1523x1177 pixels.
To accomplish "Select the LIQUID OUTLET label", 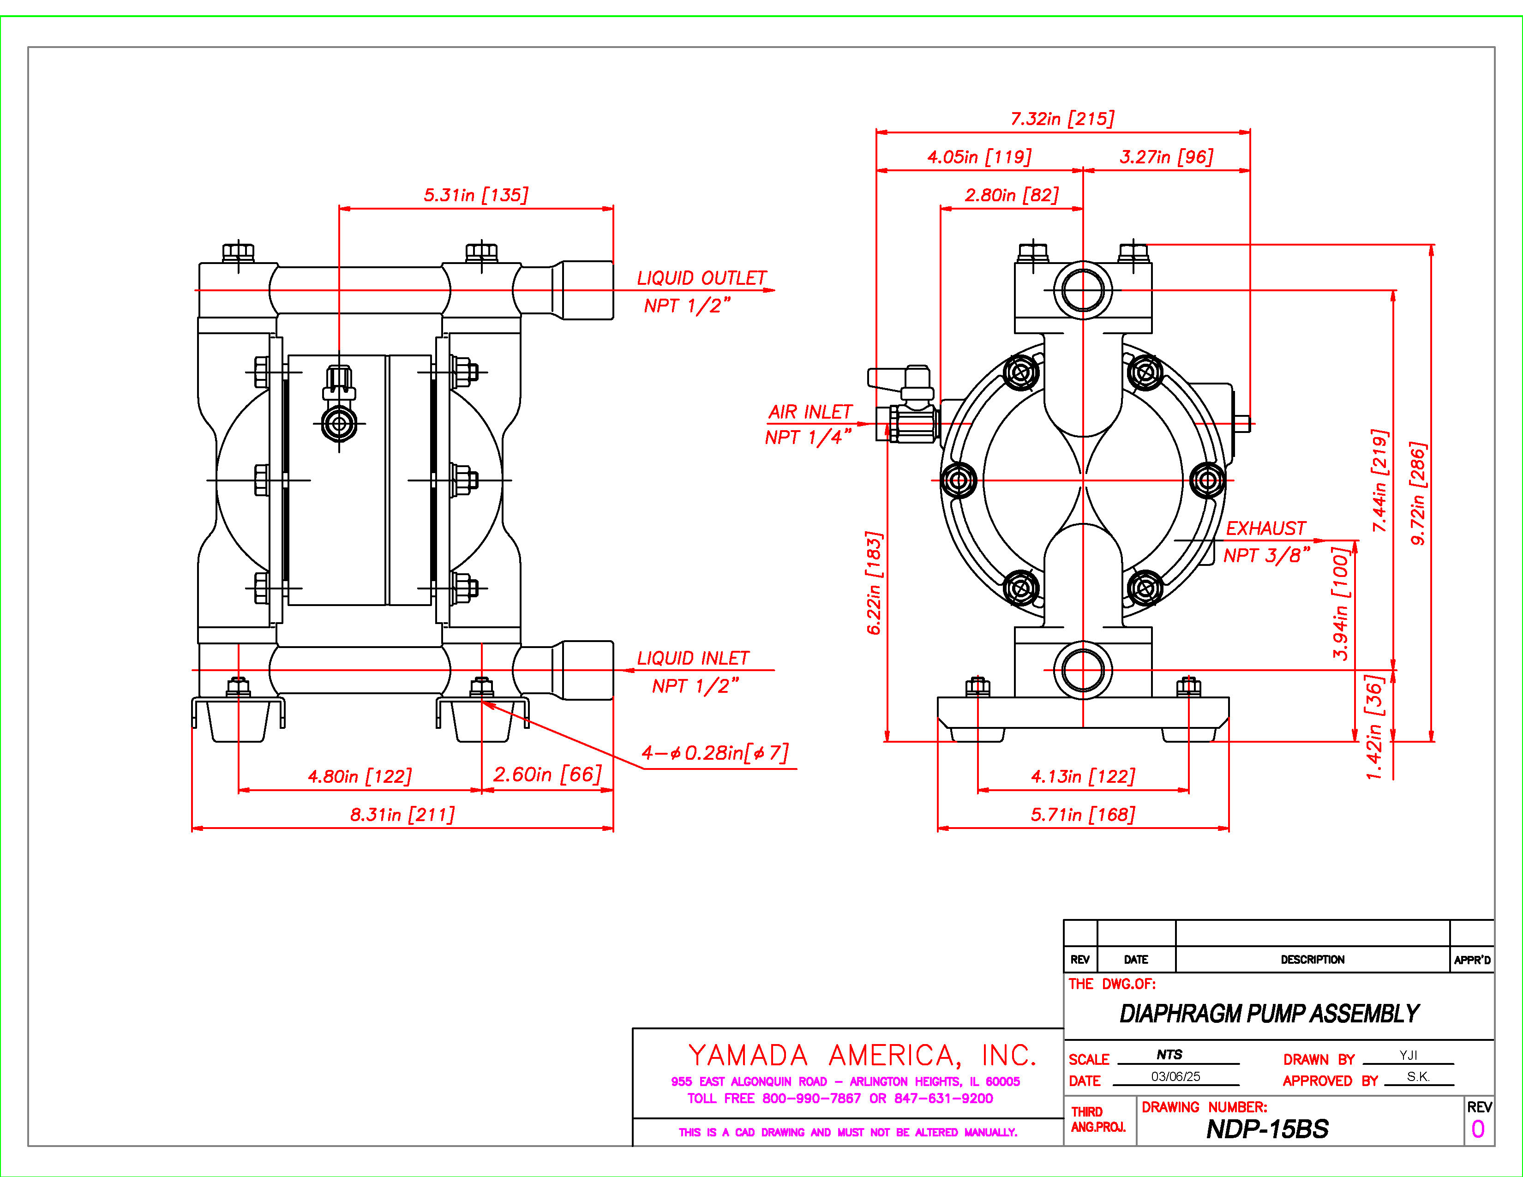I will [702, 278].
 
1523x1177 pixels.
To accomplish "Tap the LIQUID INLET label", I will [693, 658].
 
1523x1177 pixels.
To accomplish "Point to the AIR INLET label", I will [810, 412].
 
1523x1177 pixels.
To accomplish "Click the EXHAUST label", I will [1265, 528].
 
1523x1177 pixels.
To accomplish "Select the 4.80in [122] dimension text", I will [360, 776].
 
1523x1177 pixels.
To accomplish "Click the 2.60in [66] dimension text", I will [547, 774].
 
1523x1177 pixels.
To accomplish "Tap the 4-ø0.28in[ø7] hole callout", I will [715, 753].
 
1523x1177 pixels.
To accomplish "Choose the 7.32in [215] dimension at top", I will [1062, 119].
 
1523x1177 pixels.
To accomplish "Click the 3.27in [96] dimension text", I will [1166, 157].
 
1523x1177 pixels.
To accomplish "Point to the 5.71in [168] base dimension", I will [1083, 814].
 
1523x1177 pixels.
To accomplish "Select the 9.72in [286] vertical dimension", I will [1418, 493].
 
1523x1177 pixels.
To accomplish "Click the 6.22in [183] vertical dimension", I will [875, 583].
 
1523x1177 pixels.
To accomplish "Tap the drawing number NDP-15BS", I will [1267, 1129].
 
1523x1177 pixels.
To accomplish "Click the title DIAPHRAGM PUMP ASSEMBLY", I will [1269, 1013].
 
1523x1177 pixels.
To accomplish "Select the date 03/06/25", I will [1176, 1076].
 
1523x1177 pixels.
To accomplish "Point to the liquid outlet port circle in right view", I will [1083, 290].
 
